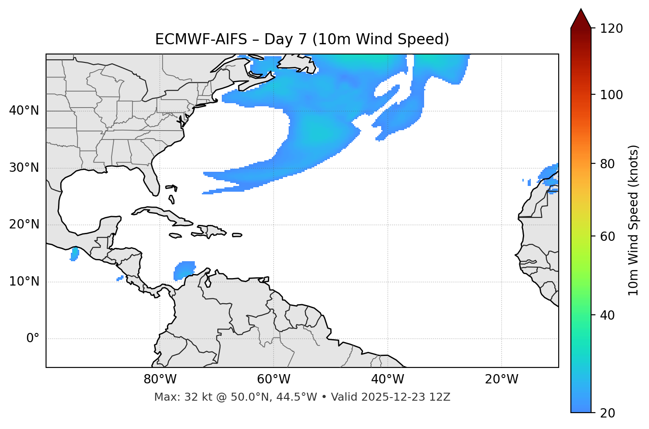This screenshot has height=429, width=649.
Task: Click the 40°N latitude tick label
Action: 24,111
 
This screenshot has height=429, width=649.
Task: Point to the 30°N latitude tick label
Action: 24,168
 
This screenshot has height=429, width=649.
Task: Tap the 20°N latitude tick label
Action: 24,224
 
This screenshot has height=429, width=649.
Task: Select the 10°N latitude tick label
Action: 24,282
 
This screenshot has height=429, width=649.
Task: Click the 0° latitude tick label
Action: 33,339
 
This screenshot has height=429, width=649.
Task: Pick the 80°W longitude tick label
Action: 160,379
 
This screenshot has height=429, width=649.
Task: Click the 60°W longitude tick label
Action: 274,379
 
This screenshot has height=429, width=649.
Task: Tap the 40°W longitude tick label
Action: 387,379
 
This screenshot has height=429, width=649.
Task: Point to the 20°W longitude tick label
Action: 502,379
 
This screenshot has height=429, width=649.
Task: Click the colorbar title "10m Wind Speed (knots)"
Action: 634,220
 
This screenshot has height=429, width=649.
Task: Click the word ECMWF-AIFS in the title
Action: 201,40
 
